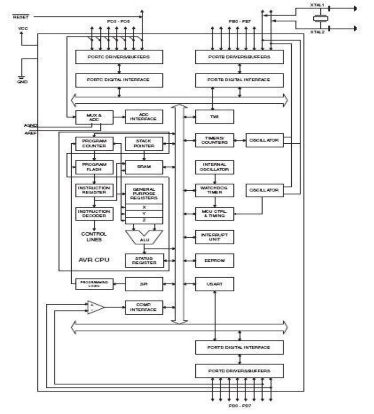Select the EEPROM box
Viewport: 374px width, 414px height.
tap(214, 260)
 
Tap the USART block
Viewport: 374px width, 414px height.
tap(214, 284)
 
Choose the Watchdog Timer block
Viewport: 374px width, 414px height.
tap(214, 190)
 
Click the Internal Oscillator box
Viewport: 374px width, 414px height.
tap(214, 167)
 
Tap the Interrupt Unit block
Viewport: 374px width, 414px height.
tap(214, 237)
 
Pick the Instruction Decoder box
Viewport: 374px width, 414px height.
tap(94, 214)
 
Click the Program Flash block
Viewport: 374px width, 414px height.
tap(94, 167)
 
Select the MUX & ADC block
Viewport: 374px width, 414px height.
tap(94, 116)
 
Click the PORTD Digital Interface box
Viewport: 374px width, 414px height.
tap(239, 347)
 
